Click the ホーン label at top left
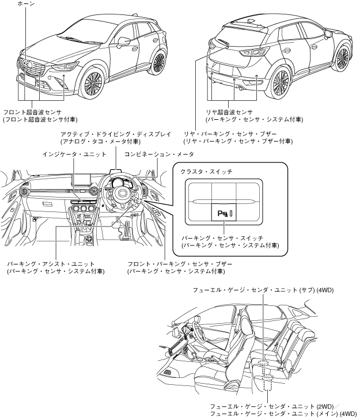click(x=26, y=4)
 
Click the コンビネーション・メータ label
click(x=158, y=154)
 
